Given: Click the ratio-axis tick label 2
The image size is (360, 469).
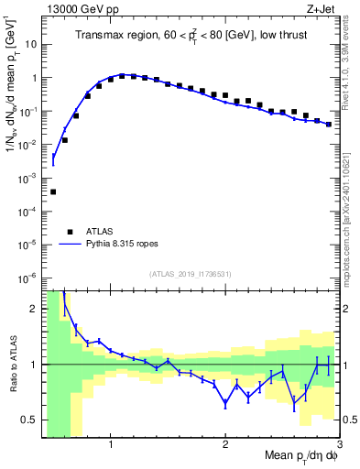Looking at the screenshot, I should [32, 309].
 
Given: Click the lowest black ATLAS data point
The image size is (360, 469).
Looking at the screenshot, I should [53, 191].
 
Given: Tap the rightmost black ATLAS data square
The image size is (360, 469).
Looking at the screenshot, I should [329, 124].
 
